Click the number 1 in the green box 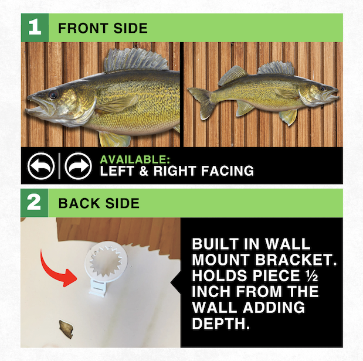pos(35,28)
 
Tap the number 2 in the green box pos(34,202)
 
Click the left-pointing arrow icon pos(41,166)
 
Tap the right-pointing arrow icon pos(78,166)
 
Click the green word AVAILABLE pos(135,159)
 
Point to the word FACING pos(228,171)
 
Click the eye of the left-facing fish pos(53,94)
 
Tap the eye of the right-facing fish pos(323,88)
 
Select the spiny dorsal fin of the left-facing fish pos(136,60)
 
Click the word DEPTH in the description pos(221,323)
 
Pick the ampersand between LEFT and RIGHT pos(144,171)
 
